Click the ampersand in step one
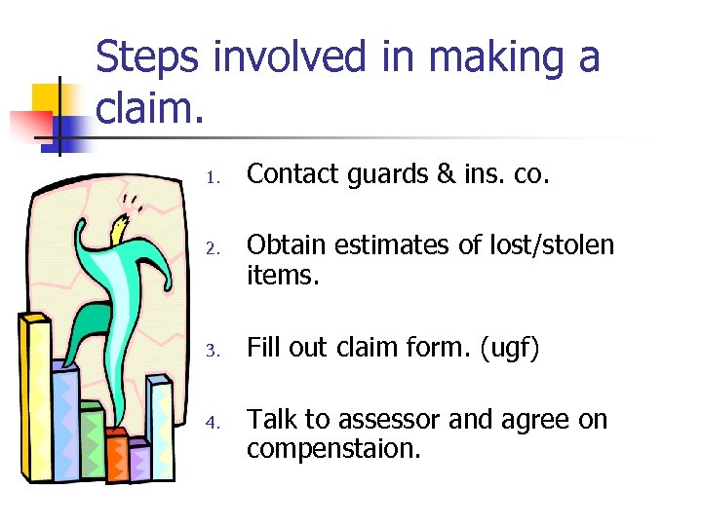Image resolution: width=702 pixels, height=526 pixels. click(473, 174)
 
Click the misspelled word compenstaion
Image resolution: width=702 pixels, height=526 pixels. click(334, 450)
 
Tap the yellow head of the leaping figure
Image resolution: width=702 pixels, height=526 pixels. click(120, 231)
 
